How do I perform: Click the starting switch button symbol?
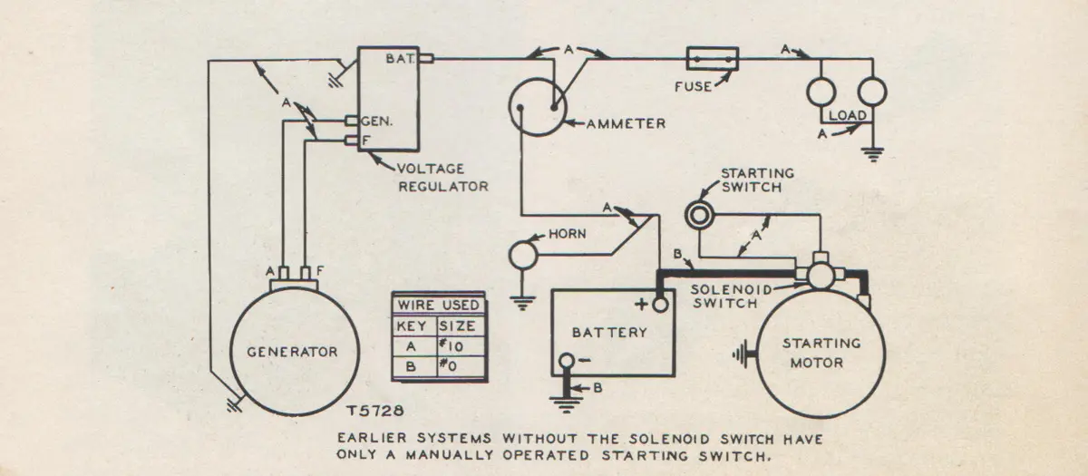(x=697, y=214)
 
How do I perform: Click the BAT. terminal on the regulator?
(x=426, y=59)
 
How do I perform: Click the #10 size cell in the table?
(x=457, y=345)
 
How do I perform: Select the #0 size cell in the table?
(x=457, y=367)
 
